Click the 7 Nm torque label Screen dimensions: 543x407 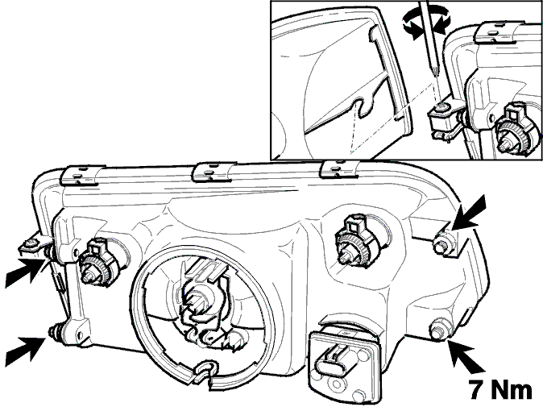click(500, 389)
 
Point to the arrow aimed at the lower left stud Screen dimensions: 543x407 click(26, 348)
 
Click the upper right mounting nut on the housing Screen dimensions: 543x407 click(445, 242)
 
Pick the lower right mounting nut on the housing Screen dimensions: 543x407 click(439, 329)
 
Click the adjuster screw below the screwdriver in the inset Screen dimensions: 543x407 click(441, 108)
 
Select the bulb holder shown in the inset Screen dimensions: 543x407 click(516, 129)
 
